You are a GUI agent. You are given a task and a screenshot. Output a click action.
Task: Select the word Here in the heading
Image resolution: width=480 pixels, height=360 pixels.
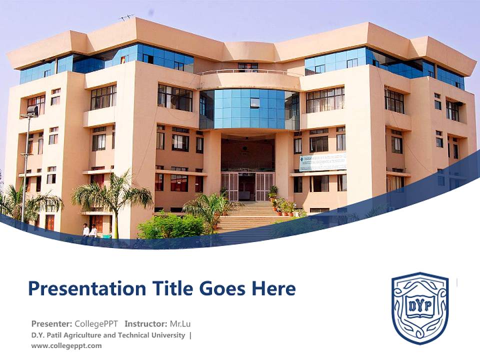click(x=272, y=288)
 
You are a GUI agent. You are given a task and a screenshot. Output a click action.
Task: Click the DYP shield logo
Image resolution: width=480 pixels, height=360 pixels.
click(x=420, y=308)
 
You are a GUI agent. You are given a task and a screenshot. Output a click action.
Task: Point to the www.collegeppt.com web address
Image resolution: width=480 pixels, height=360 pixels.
click(x=66, y=345)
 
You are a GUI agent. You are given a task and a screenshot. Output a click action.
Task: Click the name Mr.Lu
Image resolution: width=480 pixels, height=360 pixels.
click(x=180, y=323)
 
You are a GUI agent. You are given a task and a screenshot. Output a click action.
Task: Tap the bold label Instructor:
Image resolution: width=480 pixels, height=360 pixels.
click(x=145, y=323)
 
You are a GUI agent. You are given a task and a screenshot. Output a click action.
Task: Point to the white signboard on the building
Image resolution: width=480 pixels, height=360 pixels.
click(x=322, y=161)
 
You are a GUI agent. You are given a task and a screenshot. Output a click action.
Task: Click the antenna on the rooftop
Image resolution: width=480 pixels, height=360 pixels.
click(x=126, y=17)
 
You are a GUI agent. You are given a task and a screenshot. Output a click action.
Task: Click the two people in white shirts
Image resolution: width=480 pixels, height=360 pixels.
click(x=89, y=230)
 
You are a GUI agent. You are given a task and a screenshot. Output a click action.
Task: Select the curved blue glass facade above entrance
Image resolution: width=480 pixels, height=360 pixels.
click(x=249, y=108)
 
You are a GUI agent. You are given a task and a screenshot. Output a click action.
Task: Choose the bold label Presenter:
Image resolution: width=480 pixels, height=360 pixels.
click(x=51, y=323)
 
